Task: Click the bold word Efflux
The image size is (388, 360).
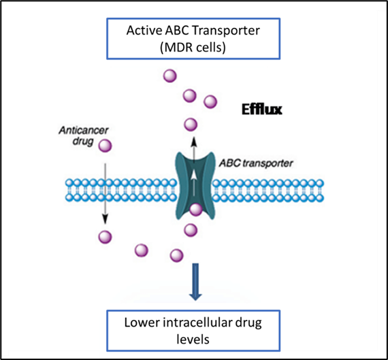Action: coord(262,110)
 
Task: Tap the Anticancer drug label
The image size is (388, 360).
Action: coord(84,135)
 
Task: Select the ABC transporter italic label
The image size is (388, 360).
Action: coord(256,163)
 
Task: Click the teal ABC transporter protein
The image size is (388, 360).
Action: coord(195,186)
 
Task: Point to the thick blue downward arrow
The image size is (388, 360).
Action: coord(195,282)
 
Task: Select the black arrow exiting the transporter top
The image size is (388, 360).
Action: coord(194,149)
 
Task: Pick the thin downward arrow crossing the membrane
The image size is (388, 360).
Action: coord(105,193)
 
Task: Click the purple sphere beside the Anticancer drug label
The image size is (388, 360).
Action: coord(105,146)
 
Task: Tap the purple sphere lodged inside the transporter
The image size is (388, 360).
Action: coord(196,210)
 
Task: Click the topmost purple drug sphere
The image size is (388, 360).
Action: coord(170,76)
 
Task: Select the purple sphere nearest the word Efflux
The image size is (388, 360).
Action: coord(210,101)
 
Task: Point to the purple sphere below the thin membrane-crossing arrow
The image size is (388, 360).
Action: coord(105,237)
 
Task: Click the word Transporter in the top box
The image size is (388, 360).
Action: coord(226,31)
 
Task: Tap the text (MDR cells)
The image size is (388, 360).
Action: coord(193,47)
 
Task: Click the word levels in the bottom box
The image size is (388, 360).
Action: coord(193,339)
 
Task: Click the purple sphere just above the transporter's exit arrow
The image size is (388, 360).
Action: coord(191,125)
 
